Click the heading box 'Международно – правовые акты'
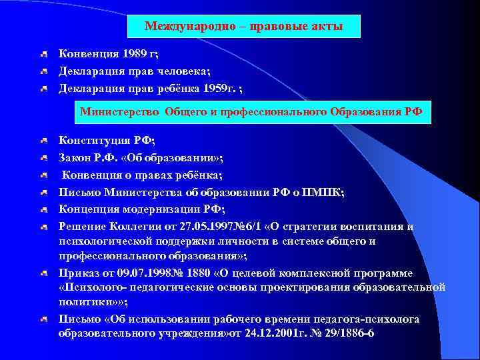click(244, 27)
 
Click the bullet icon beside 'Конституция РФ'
click(43, 141)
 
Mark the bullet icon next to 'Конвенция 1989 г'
click(43, 54)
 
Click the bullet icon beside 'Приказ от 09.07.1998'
click(43, 274)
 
